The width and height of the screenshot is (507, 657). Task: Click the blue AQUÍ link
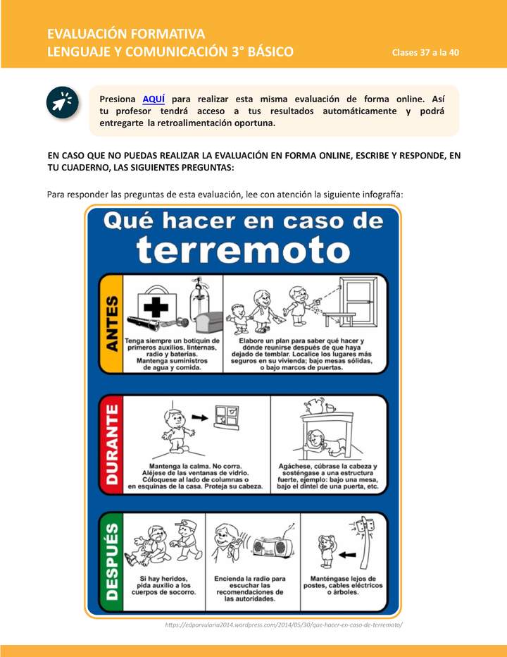(154, 99)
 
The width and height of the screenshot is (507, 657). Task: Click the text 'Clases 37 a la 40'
(426, 54)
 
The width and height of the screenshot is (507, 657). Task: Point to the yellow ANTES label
(111, 324)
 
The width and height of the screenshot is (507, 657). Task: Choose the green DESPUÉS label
(111, 560)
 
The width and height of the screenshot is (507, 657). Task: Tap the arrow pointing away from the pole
(344, 555)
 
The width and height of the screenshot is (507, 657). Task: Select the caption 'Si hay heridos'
(164, 577)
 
